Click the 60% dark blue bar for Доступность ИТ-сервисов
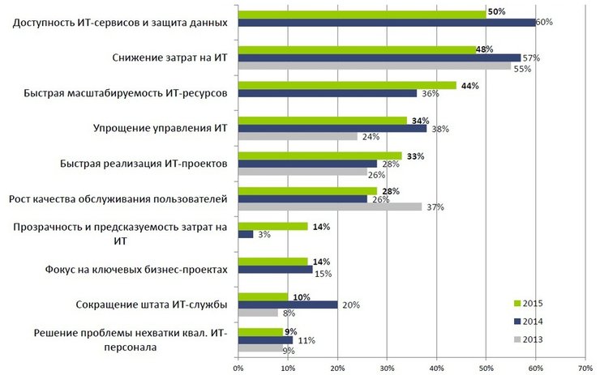[386, 22]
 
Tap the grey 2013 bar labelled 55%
[374, 66]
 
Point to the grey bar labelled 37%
[329, 207]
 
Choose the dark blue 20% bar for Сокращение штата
[287, 305]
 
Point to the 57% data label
[532, 58]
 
